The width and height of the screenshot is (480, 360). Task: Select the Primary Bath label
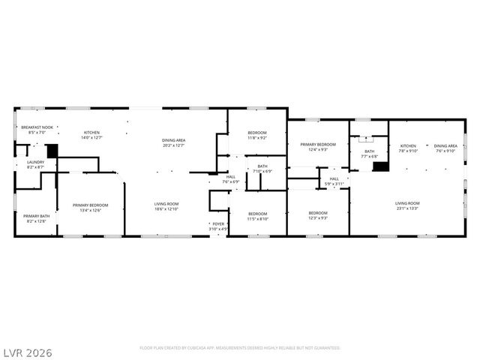coord(36,218)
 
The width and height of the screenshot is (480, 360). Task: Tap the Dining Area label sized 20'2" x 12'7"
coord(174,142)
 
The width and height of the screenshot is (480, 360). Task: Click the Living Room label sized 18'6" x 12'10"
coord(166,206)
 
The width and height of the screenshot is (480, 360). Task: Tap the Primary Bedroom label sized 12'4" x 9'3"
coord(318,146)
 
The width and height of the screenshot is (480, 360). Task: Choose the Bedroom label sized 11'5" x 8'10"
coord(258,216)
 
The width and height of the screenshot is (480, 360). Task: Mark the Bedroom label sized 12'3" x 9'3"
coord(318,216)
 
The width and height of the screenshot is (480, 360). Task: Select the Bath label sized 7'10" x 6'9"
coord(262,169)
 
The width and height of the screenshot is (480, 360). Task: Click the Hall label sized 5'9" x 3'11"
coord(334,181)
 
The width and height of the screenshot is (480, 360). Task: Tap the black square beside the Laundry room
coord(52,150)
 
